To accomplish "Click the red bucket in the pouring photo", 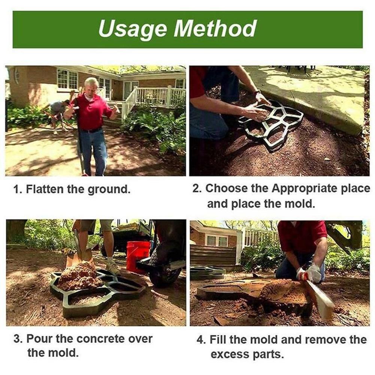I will coord(138,255).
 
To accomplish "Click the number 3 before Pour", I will coord(17,339).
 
